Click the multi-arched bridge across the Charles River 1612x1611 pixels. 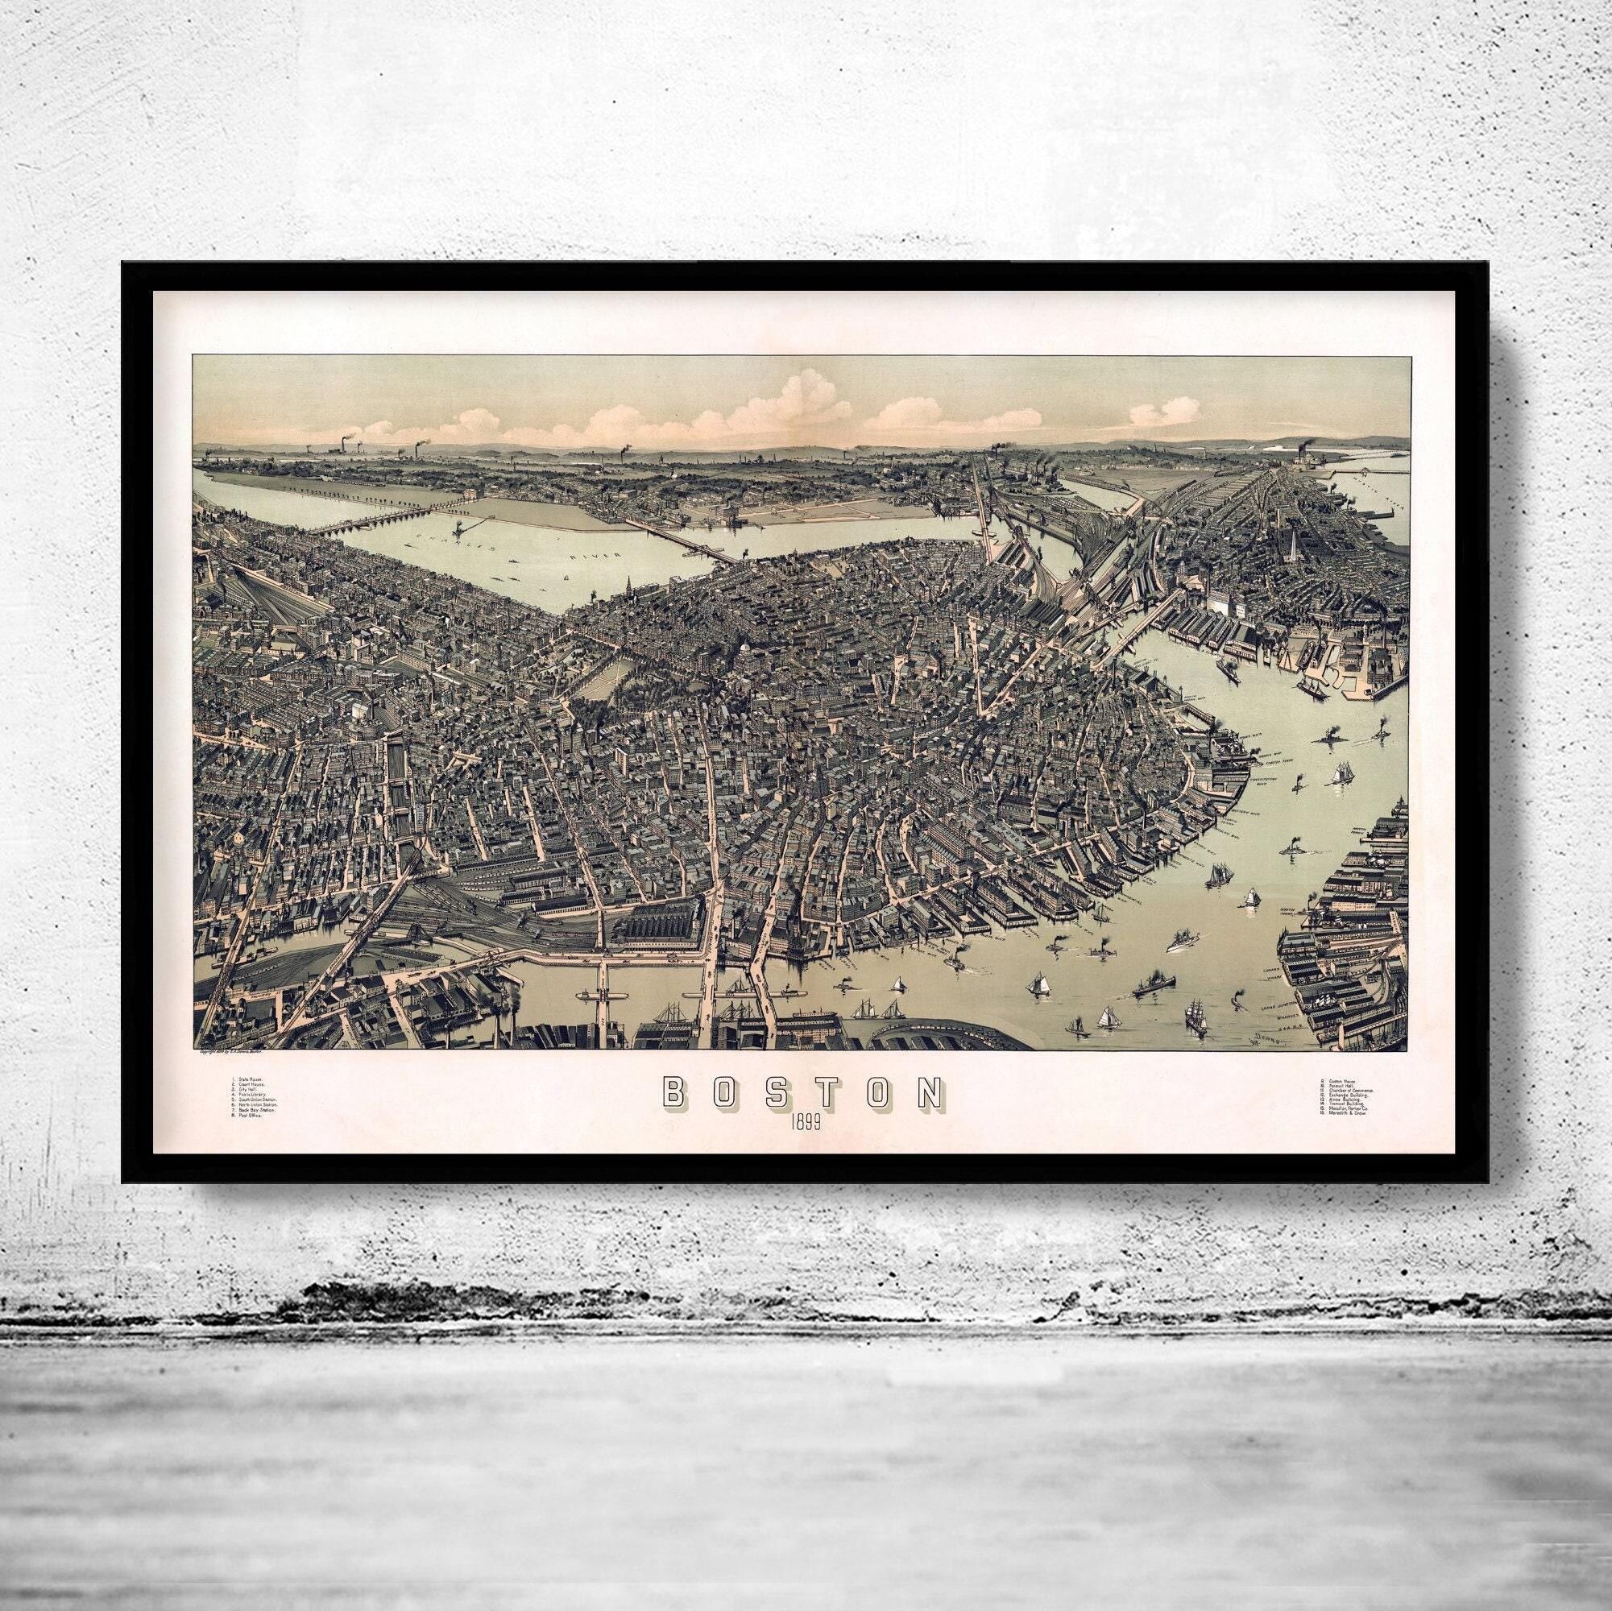coord(388,518)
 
